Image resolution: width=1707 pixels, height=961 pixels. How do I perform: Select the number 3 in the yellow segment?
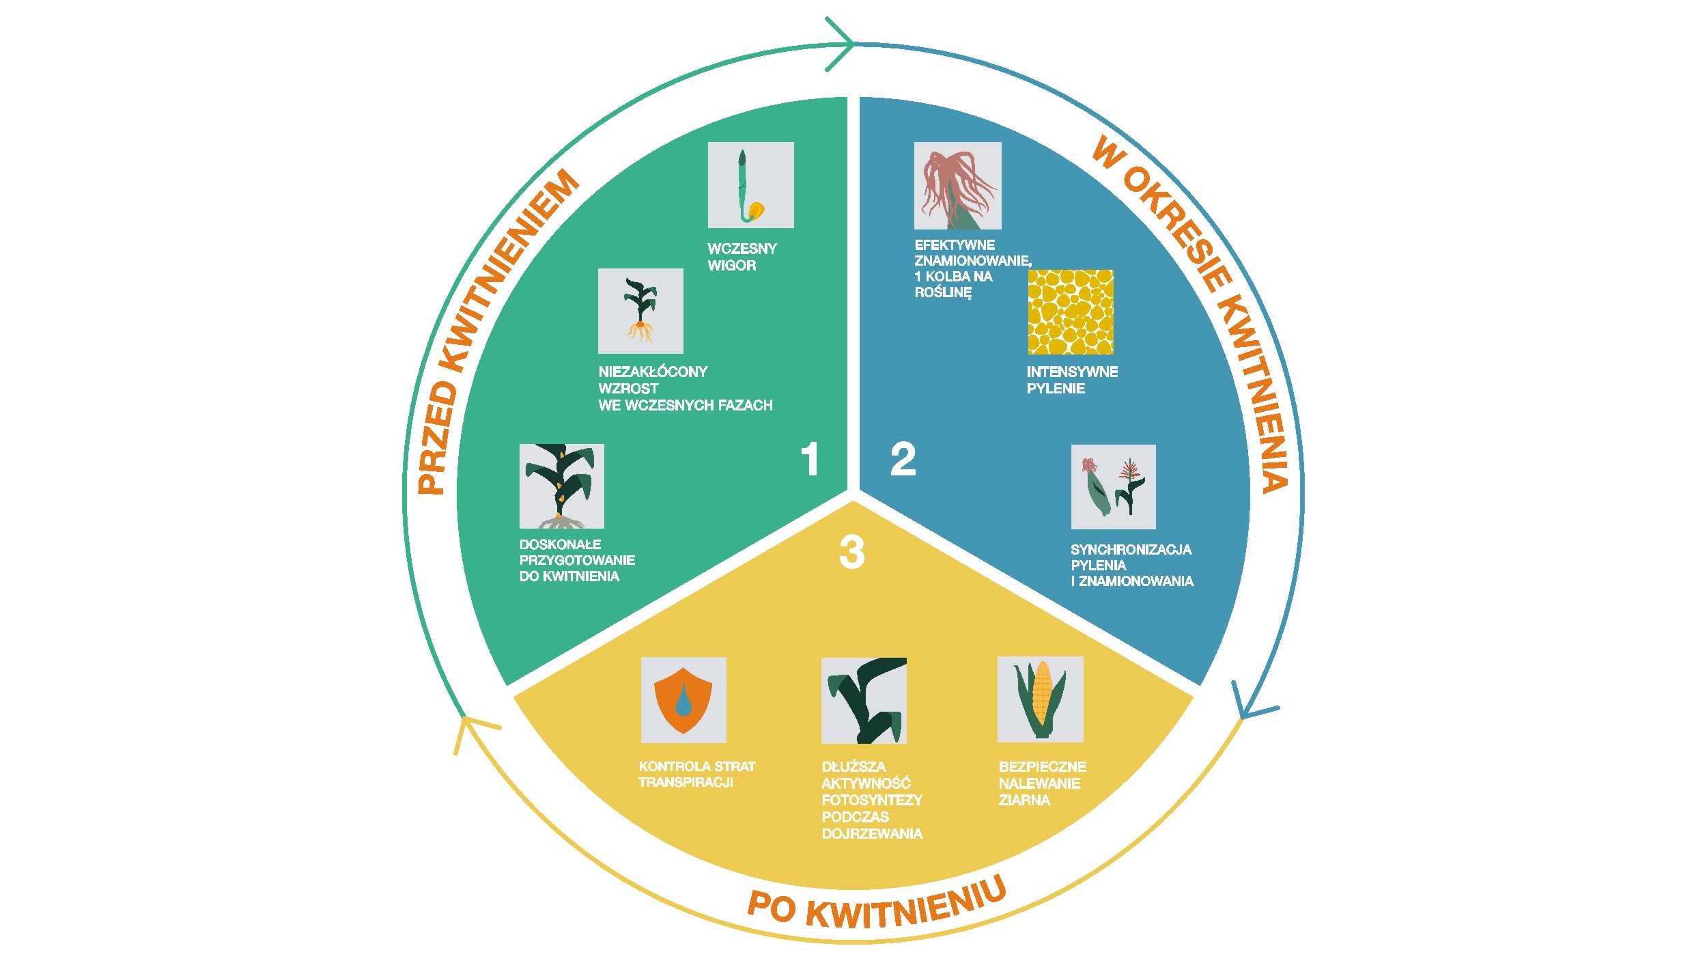click(852, 552)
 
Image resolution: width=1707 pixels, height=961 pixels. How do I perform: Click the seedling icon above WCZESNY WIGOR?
click(751, 185)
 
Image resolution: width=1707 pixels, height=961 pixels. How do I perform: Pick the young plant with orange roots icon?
click(640, 311)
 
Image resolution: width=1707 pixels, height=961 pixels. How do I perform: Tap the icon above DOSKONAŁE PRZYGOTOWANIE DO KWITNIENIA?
click(562, 486)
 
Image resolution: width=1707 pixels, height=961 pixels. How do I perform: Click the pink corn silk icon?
click(958, 186)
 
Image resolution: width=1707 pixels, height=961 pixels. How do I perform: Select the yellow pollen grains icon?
click(1071, 312)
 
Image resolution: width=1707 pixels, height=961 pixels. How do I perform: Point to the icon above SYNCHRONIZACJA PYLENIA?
click(1114, 487)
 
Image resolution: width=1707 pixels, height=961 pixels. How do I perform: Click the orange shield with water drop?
click(683, 700)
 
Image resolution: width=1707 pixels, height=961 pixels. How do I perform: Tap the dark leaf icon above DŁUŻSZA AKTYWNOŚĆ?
click(864, 701)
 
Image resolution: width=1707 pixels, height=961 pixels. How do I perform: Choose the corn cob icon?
click(1041, 699)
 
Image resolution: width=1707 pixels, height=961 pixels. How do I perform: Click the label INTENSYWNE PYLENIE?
click(1072, 380)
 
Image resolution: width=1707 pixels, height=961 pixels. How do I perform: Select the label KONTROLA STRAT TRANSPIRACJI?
click(697, 775)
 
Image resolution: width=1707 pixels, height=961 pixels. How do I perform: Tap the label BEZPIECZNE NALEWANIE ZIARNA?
click(1042, 783)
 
